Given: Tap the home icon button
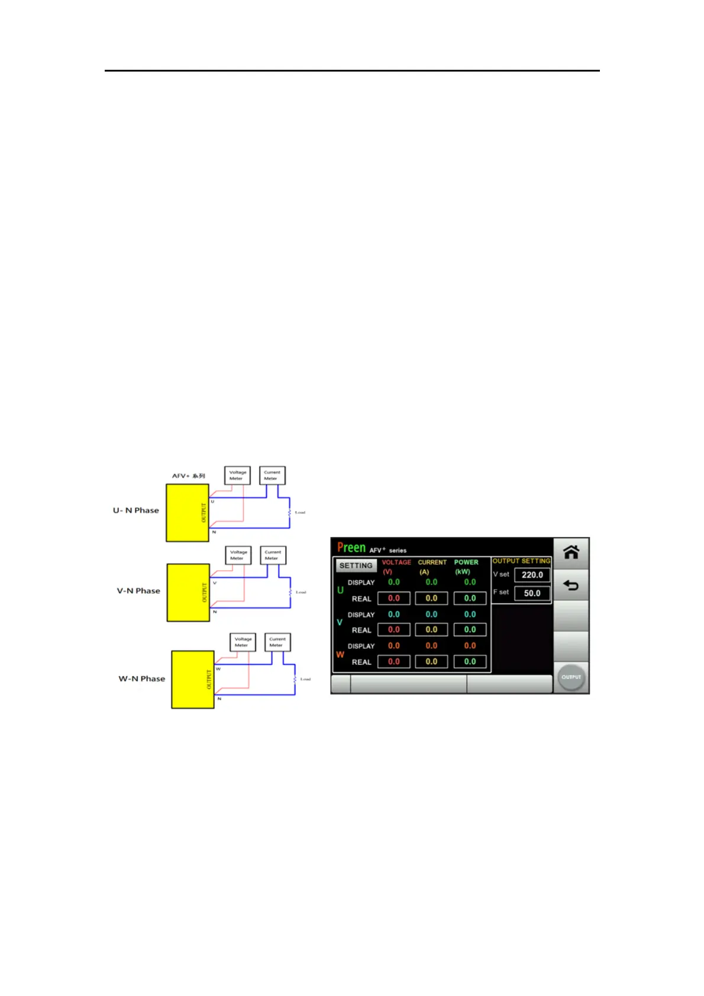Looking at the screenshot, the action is point(571,552).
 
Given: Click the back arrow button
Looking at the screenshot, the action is point(571,586).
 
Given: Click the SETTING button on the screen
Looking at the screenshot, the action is point(356,566).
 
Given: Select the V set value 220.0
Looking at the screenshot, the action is point(532,575).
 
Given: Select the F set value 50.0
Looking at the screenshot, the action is point(532,593).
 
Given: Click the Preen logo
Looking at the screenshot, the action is point(351,548).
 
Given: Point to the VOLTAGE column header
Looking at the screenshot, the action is point(396,562).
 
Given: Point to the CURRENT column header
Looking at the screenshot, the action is point(432,562).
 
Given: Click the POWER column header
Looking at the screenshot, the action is point(466,562).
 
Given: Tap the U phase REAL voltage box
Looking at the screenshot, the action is point(394,599).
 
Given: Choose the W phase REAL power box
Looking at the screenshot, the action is point(470,662).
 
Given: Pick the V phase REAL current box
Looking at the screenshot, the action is point(431,630).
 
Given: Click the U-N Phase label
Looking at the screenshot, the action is point(136,510).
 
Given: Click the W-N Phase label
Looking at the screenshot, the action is point(141,678).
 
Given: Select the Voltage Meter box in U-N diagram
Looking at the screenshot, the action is point(237,476).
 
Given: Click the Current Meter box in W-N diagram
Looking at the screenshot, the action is point(277,642).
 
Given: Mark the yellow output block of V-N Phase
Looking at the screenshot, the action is point(188,593).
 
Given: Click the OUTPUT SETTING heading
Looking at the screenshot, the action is point(521,561).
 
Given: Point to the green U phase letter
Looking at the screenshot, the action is point(340,590).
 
